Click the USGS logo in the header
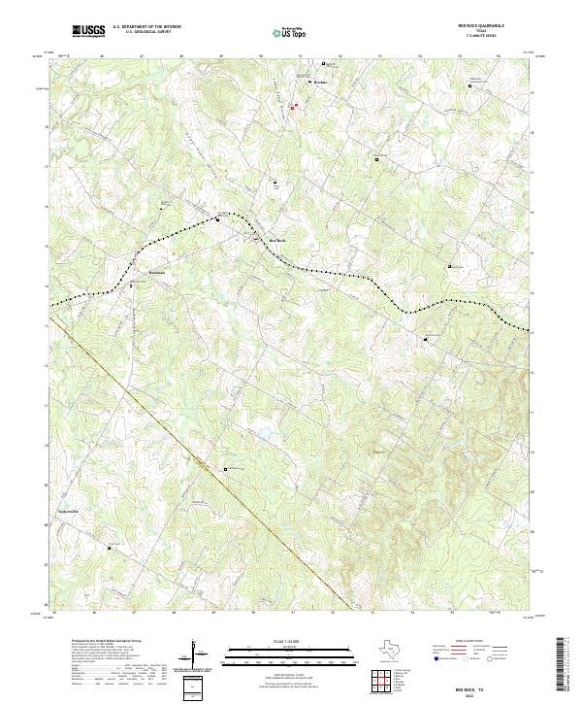point(89,31)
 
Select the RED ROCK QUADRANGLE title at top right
point(482,25)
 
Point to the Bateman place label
point(157,272)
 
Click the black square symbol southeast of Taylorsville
point(109,547)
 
